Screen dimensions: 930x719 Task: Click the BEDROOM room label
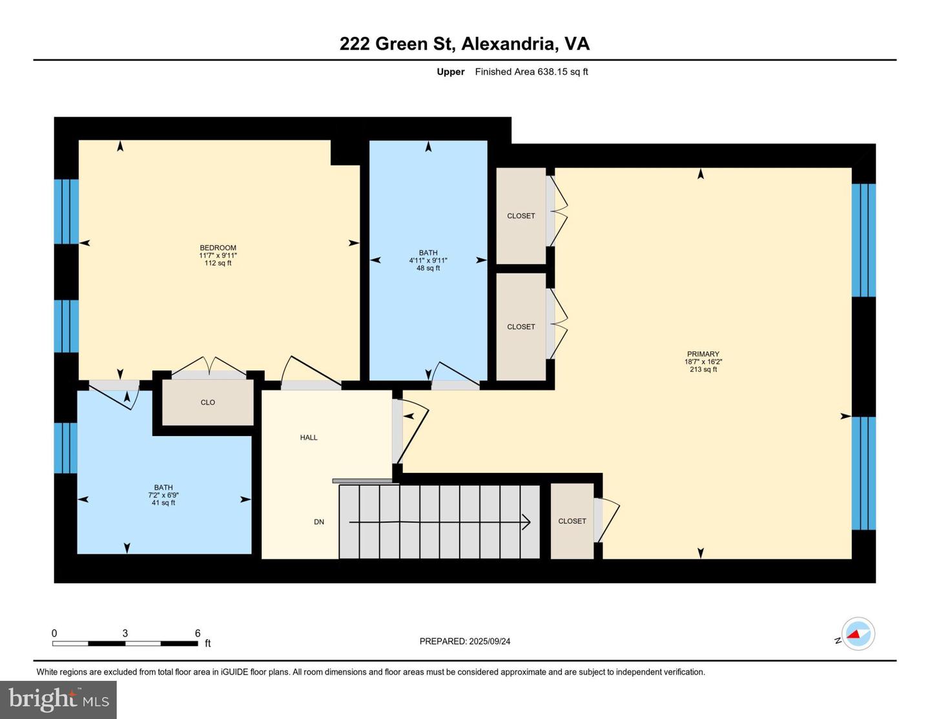[x=218, y=248]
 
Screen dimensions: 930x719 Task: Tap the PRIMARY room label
[x=703, y=354]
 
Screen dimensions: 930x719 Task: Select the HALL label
[x=309, y=437]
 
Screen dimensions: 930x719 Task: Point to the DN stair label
[x=319, y=522]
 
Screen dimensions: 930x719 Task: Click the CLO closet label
[x=207, y=402]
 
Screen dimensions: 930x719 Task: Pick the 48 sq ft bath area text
[x=428, y=268]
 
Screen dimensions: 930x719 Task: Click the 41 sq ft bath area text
[x=163, y=503]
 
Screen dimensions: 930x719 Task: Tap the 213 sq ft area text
[x=703, y=370]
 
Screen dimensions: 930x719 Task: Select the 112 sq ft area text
[x=218, y=263]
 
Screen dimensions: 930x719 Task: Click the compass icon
[x=858, y=634]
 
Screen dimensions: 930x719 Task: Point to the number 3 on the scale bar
[x=125, y=633]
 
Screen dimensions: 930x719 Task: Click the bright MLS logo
[x=58, y=700]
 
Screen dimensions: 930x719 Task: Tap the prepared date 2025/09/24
[x=490, y=641]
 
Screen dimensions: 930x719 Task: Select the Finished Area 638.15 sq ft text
[x=532, y=72]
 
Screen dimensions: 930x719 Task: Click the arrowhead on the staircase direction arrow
[x=526, y=523]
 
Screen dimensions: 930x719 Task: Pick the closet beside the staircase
[x=572, y=521]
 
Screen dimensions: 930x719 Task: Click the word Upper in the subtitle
[x=451, y=72]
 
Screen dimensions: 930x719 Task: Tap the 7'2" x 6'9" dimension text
[x=163, y=495]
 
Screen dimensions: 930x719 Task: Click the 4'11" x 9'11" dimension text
[x=428, y=260]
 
